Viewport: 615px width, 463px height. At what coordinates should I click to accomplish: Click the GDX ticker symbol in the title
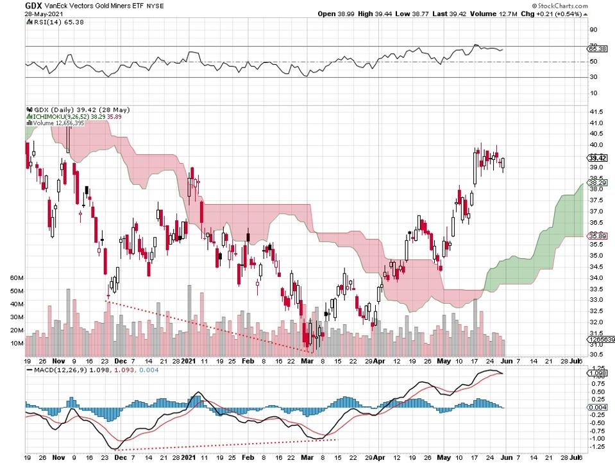click(34, 5)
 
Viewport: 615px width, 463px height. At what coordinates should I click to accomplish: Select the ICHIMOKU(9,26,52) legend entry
click(63, 116)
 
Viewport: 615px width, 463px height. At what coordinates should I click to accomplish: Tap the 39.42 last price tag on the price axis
click(597, 158)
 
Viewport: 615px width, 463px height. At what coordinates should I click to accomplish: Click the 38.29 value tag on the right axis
click(597, 183)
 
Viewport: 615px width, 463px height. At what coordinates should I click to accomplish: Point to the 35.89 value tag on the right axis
click(597, 236)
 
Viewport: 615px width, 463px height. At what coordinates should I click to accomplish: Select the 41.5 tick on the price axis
click(596, 112)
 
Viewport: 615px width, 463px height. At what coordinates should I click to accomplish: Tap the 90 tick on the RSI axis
click(593, 30)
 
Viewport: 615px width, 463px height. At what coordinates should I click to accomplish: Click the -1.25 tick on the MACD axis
click(597, 446)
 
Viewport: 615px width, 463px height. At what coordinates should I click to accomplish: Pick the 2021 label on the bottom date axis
click(189, 456)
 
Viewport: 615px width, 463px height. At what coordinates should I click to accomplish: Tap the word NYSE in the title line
click(155, 6)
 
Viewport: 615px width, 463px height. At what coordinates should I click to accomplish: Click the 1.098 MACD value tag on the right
click(597, 373)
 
